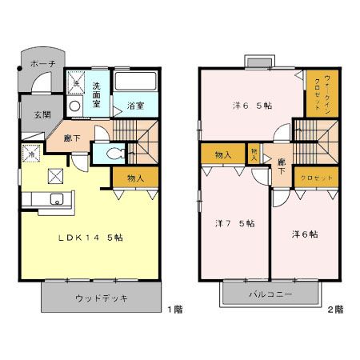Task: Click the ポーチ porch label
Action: click(x=42, y=64)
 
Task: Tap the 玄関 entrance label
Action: click(x=42, y=114)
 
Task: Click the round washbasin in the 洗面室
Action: click(x=74, y=105)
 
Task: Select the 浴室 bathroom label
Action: click(x=134, y=105)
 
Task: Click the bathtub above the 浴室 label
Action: click(x=136, y=82)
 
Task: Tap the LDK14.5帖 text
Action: click(x=90, y=238)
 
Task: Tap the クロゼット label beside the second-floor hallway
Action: click(x=317, y=178)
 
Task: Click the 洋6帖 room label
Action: click(x=304, y=234)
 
